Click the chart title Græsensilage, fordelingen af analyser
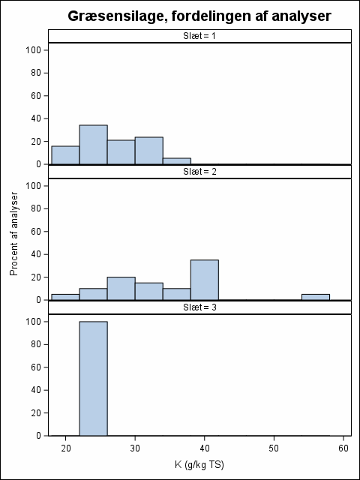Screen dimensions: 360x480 point(199,16)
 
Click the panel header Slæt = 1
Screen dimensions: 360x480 point(199,36)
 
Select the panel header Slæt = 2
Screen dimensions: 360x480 point(199,172)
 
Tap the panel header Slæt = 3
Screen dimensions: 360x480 point(199,307)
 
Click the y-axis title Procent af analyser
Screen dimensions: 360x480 point(14,234)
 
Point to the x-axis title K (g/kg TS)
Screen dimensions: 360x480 point(199,465)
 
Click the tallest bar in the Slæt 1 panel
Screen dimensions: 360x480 point(93,145)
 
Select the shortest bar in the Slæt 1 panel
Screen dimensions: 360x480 point(177,161)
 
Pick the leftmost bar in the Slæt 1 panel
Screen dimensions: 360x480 point(65,155)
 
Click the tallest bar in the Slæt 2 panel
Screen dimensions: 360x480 point(205,280)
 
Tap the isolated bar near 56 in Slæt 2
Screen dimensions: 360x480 point(316,297)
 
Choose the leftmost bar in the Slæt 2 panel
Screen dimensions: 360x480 point(65,297)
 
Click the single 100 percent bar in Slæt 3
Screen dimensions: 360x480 point(93,378)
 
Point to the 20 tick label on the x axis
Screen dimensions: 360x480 point(65,448)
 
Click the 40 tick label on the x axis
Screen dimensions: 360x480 point(205,448)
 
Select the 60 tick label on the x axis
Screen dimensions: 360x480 point(343,448)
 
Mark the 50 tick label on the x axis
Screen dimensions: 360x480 point(274,448)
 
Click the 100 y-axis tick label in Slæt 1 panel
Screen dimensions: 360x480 point(33,50)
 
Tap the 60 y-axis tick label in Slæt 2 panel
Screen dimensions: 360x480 point(36,232)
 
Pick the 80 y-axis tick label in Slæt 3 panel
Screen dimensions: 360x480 point(36,344)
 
